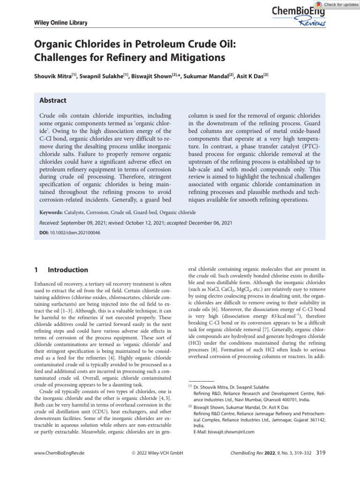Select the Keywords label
(x=49, y=212)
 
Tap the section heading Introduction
(x=68, y=270)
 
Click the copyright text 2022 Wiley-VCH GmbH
(x=157, y=453)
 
